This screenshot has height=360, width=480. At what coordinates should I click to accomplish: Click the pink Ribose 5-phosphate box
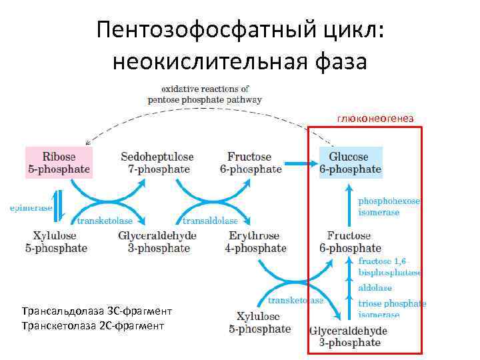pyautogui.click(x=58, y=163)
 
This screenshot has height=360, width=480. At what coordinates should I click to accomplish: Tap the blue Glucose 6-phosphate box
pyautogui.click(x=350, y=163)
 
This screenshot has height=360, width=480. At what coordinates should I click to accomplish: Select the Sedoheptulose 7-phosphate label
pyautogui.click(x=157, y=163)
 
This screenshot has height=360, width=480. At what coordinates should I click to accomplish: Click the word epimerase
pyautogui.click(x=30, y=208)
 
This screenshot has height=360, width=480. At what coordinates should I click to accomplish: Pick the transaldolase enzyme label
pyautogui.click(x=210, y=221)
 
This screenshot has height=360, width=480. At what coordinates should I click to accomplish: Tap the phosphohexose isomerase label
pyautogui.click(x=389, y=206)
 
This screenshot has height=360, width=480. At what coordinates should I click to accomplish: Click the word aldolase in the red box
pyautogui.click(x=375, y=288)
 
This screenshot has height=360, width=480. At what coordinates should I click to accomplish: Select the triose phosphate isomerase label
pyautogui.click(x=391, y=309)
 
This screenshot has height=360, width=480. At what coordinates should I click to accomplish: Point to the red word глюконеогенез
pyautogui.click(x=375, y=118)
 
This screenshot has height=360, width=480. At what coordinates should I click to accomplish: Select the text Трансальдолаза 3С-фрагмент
pyautogui.click(x=96, y=311)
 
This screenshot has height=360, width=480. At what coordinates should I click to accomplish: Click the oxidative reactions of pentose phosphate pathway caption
pyautogui.click(x=205, y=93)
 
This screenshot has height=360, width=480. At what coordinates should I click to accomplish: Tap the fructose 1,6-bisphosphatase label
pyautogui.click(x=389, y=267)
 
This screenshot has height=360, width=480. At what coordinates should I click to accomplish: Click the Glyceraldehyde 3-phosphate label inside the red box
pyautogui.click(x=348, y=337)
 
